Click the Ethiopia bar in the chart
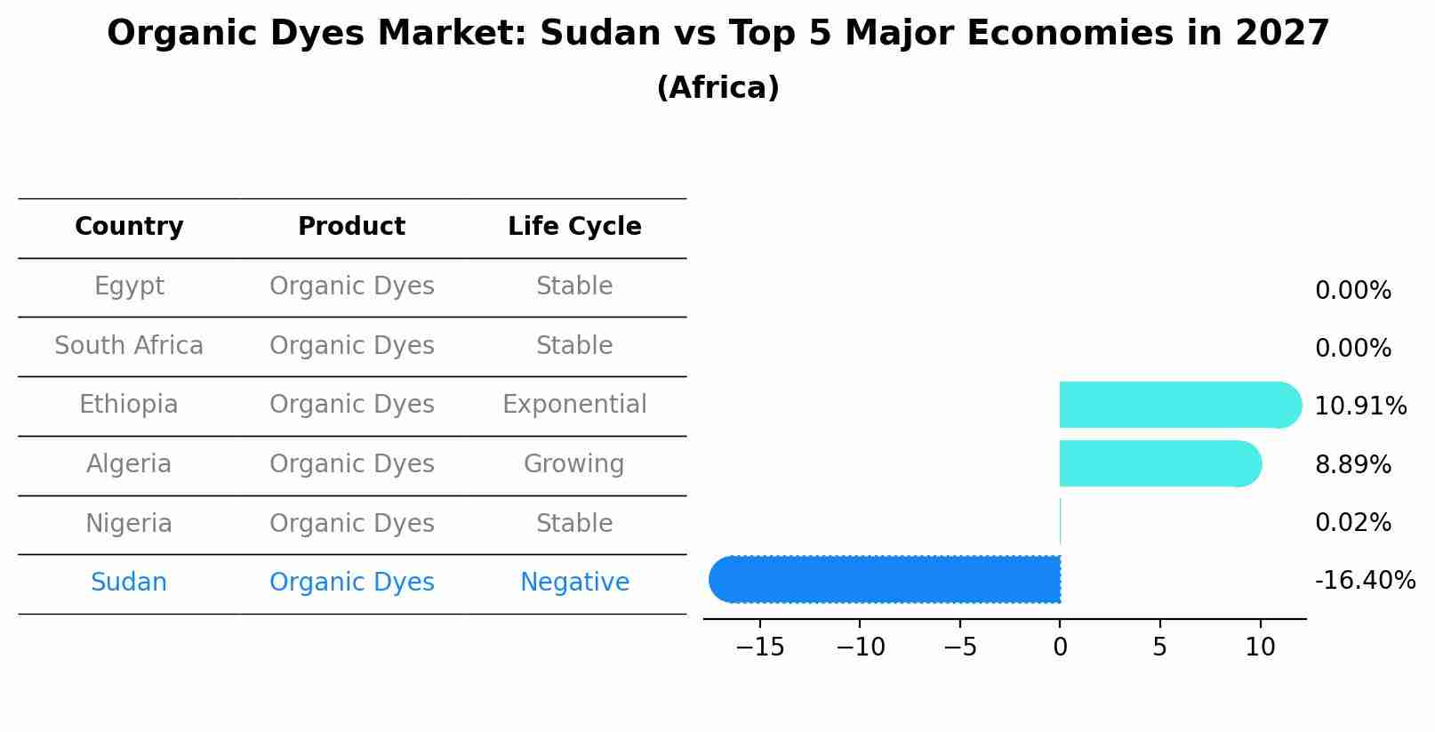tap(1174, 405)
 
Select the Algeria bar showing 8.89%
tap(1156, 463)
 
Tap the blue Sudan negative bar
tap(889, 579)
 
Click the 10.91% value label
tap(1359, 406)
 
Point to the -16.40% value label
tap(1364, 581)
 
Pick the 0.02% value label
tap(1352, 523)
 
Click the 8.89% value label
tap(1352, 464)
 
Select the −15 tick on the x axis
tap(760, 648)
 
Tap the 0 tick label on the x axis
tap(1060, 648)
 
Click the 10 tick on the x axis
tap(1260, 648)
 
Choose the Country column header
tap(129, 227)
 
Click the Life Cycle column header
tap(574, 227)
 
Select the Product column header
tap(351, 227)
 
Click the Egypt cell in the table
tap(129, 286)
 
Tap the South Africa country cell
tap(129, 345)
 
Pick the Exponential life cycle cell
tap(574, 405)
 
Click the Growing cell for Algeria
tap(573, 464)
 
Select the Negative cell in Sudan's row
tap(574, 583)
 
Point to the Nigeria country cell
tap(129, 523)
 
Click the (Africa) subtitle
tap(717, 88)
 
